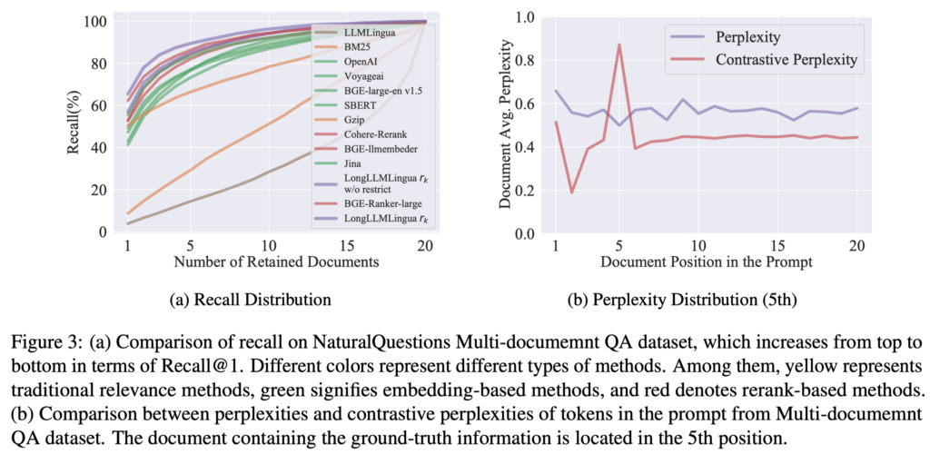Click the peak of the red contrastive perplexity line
[x=619, y=44]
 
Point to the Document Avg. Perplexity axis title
[x=506, y=127]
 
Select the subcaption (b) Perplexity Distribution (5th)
[x=706, y=299]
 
